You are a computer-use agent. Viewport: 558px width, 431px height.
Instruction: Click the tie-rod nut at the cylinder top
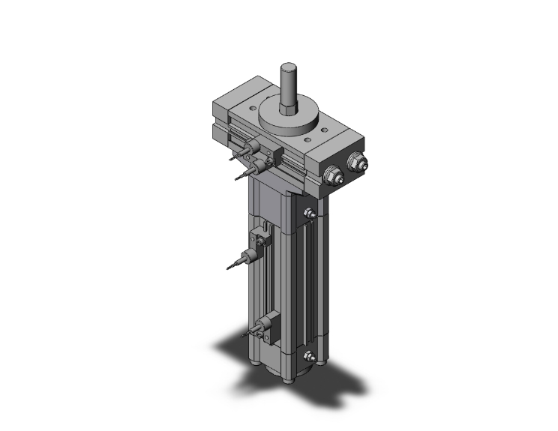point(308,217)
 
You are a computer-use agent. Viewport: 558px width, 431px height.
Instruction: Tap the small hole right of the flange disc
point(330,120)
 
